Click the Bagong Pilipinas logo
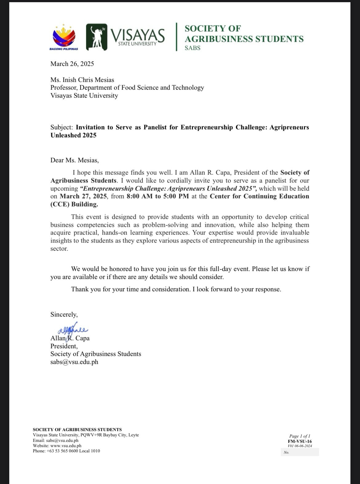[64, 36]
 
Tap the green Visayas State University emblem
[97, 37]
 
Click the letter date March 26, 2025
[72, 64]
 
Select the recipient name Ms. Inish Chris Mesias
[82, 80]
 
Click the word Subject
[61, 127]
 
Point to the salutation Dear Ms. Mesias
[74, 160]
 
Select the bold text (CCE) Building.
[74, 204]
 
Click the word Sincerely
[64, 314]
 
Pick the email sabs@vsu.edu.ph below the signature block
[74, 362]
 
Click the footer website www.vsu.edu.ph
[66, 446]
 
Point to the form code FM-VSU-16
[300, 441]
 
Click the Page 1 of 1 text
[300, 436]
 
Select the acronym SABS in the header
[192, 48]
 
